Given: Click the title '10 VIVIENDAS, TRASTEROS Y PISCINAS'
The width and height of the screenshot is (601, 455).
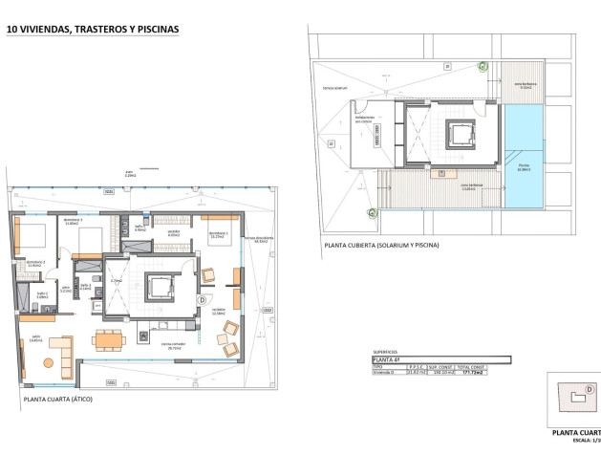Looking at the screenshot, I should tap(92, 30).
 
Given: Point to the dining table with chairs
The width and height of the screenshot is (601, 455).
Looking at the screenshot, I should tap(107, 338).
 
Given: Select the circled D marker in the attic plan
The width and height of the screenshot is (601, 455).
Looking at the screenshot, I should tap(201, 299).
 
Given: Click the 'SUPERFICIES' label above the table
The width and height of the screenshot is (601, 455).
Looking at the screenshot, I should tap(385, 351).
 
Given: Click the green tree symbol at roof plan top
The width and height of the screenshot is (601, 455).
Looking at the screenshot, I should tap(483, 66).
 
